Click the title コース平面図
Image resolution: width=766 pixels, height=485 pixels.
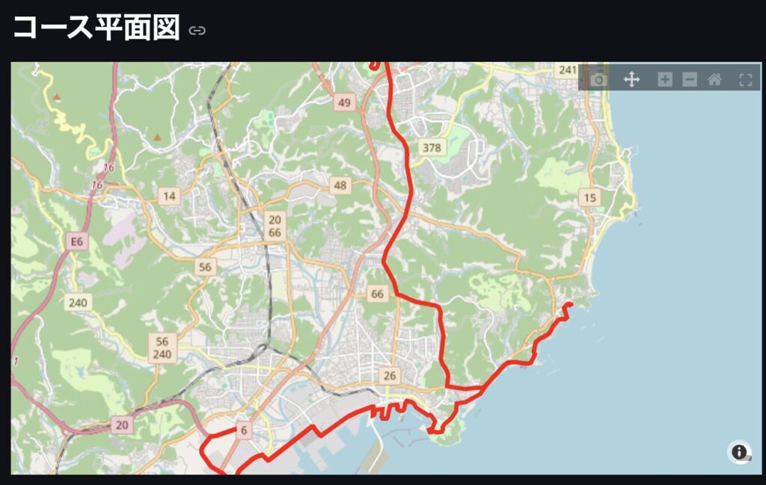96,28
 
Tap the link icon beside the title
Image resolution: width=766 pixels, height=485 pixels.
197,31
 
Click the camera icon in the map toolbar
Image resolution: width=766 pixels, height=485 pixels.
598,79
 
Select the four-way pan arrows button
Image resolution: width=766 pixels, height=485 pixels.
631,79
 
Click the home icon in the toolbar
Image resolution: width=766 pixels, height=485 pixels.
714,79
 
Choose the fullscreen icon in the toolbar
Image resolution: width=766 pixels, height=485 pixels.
745,79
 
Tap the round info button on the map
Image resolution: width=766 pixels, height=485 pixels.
739,452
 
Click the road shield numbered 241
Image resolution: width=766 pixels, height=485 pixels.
568,70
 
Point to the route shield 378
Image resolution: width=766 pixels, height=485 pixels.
432,147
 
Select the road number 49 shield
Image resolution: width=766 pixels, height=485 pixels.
344,103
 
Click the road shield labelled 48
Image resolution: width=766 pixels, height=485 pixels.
340,185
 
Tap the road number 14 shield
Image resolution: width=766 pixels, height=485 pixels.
170,197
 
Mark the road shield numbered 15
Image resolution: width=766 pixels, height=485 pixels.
590,197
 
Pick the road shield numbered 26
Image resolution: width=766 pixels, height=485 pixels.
389,375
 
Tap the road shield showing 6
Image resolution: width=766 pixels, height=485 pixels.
243,430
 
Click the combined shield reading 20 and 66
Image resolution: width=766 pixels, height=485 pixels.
275,226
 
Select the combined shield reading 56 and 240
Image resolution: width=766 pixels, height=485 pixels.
162,348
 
